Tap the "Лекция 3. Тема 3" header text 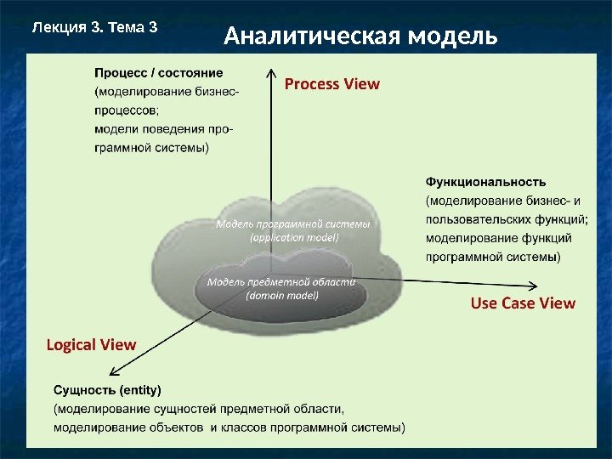point(94,26)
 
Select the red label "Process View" point(331,84)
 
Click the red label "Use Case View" point(523,303)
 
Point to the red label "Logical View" point(91,344)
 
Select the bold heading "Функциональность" point(485,181)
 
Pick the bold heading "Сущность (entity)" point(107,390)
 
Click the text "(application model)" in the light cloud point(294,238)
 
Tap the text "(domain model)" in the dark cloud point(282,296)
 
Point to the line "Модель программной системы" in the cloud point(293,224)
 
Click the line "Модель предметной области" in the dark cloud point(281,281)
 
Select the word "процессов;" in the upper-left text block point(126,110)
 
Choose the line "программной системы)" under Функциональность point(492,257)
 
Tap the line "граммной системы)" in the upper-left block point(151,148)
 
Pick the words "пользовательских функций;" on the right point(507,219)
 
